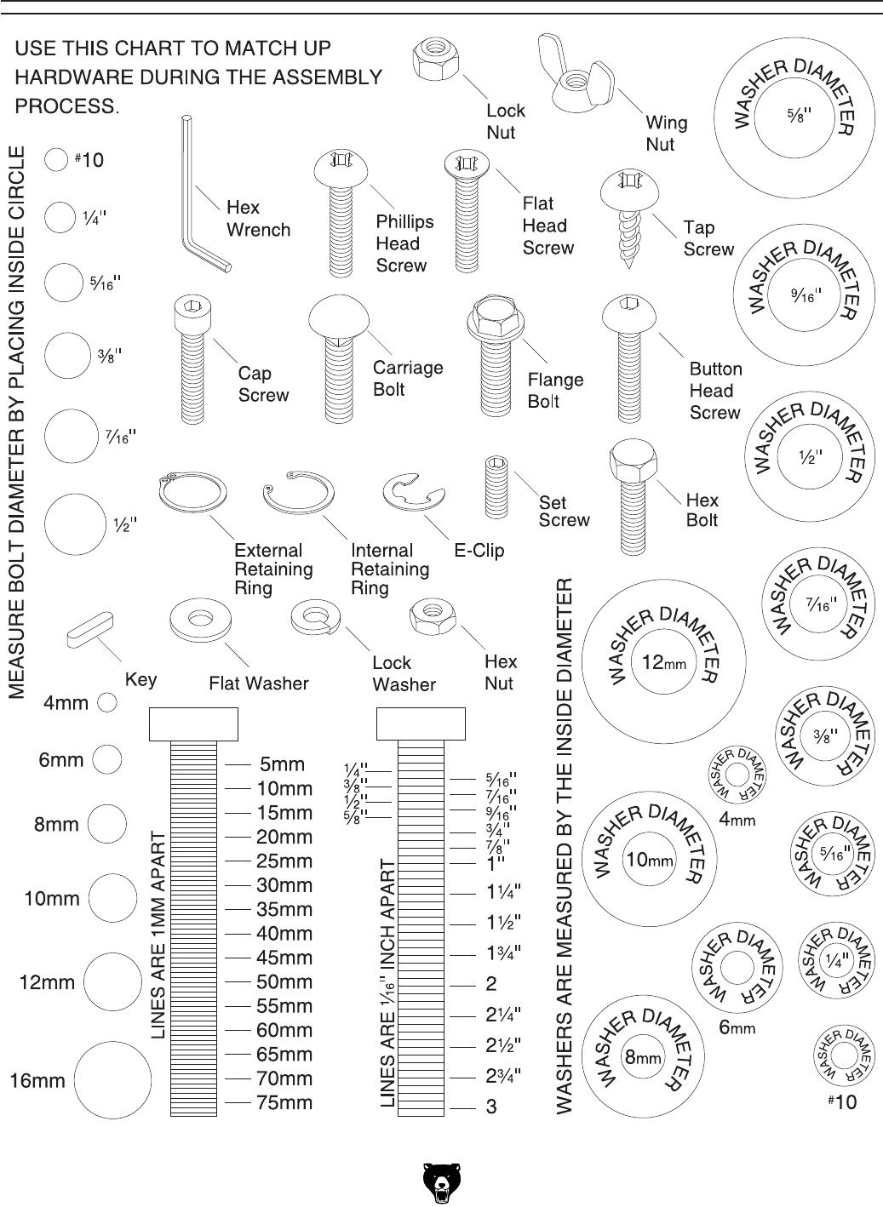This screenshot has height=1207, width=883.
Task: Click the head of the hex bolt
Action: pyautogui.click(x=631, y=462)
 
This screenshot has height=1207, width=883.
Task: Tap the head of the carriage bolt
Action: pyautogui.click(x=340, y=318)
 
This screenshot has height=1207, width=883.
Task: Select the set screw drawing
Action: pyautogui.click(x=496, y=487)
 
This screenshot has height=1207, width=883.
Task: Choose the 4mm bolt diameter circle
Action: pyautogui.click(x=107, y=702)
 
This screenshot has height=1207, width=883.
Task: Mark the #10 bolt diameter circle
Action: pyautogui.click(x=56, y=160)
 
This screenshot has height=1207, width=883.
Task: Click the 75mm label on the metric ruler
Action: pyautogui.click(x=284, y=1103)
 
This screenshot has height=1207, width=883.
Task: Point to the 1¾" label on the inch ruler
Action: pyautogui.click(x=504, y=952)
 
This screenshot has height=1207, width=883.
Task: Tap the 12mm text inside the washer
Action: pyautogui.click(x=663, y=663)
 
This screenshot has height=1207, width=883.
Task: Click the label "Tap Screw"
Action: pyautogui.click(x=708, y=238)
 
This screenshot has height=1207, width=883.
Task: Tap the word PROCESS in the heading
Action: pyautogui.click(x=67, y=106)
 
